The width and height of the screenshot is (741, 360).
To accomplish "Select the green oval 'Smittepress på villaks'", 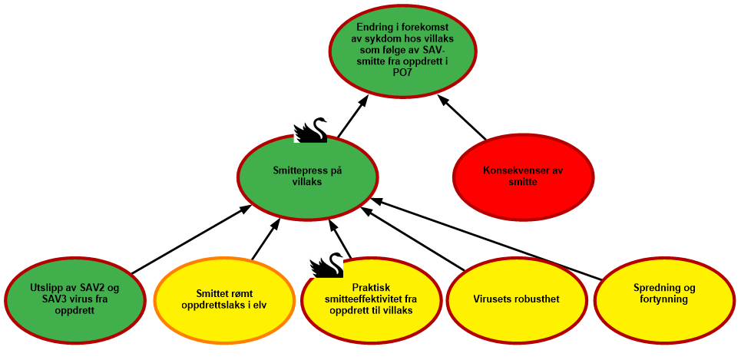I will pyautogui.click(x=307, y=177).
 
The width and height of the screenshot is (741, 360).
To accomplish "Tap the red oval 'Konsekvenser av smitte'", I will pyautogui.click(x=523, y=177).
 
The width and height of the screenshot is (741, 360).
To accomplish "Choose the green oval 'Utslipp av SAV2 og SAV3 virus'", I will pyautogui.click(x=75, y=299).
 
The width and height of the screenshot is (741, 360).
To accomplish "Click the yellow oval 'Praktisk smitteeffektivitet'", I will pyautogui.click(x=372, y=299).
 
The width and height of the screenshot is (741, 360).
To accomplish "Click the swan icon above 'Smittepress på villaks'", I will pyautogui.click(x=310, y=130).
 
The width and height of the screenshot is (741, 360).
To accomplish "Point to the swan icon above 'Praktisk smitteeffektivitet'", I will pyautogui.click(x=326, y=264).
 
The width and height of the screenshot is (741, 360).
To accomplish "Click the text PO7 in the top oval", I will pyautogui.click(x=402, y=72).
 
